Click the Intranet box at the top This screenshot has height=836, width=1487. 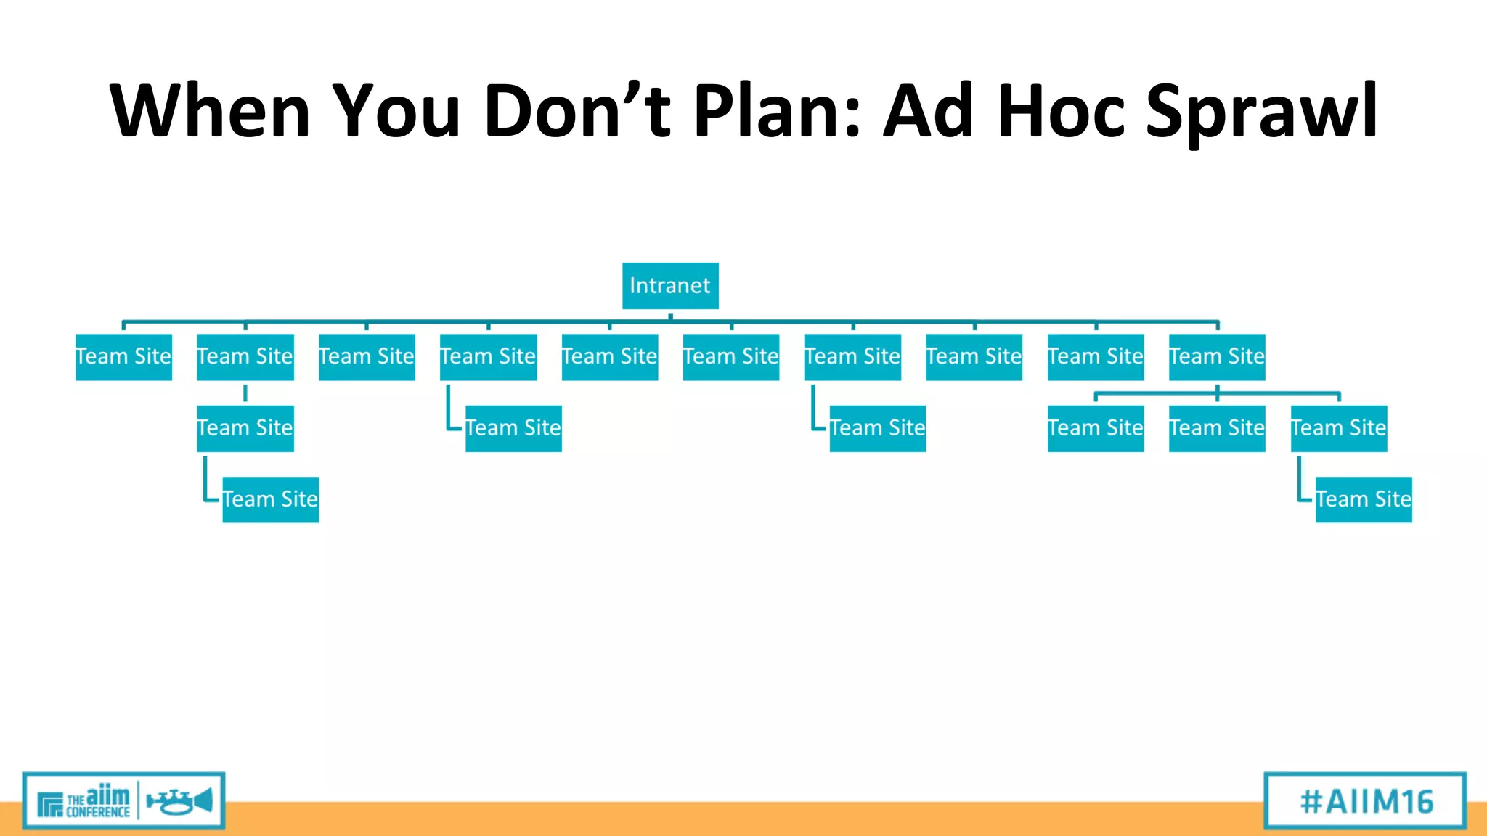click(669, 286)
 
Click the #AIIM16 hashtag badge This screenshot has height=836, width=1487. click(1365, 801)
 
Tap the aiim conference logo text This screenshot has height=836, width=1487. click(97, 801)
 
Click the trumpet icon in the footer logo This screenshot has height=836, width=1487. click(179, 801)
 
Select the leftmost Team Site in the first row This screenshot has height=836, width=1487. click(123, 357)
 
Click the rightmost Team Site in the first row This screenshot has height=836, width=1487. click(1217, 357)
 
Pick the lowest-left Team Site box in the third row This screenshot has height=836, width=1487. click(270, 499)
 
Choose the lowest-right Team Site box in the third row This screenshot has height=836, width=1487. click(1364, 499)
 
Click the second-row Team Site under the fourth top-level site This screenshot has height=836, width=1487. click(513, 428)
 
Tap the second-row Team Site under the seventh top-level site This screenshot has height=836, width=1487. click(877, 428)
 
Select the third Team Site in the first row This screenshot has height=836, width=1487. click(367, 357)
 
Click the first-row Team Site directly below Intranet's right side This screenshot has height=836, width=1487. click(730, 357)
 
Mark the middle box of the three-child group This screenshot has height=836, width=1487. click(1217, 428)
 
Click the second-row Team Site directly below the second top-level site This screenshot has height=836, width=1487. click(245, 428)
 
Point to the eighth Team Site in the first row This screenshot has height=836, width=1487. click(974, 357)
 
